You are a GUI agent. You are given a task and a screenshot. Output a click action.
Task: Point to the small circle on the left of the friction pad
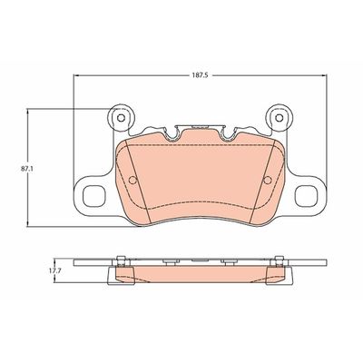click(x=132, y=178)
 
